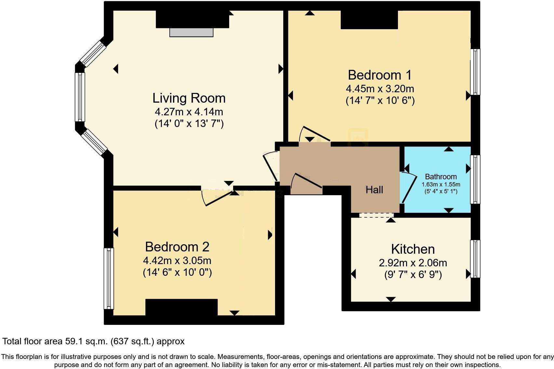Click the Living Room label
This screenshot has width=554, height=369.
(189, 98)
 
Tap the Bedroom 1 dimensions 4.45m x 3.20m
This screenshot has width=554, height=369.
(380, 88)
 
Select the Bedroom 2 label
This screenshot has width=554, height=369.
(177, 247)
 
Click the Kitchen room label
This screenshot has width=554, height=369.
(413, 249)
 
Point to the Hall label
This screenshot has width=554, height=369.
(374, 190)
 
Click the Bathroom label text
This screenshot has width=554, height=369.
(441, 177)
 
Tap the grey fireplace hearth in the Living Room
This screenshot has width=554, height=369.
(191, 32)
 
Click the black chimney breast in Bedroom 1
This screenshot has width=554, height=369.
(369, 19)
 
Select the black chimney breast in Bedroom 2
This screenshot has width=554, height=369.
(181, 307)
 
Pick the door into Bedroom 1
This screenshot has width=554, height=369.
(314, 134)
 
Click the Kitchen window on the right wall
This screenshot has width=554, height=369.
(475, 259)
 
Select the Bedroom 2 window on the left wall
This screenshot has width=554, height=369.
(109, 278)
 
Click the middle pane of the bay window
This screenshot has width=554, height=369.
(80, 97)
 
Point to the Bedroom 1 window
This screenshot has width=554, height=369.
(475, 72)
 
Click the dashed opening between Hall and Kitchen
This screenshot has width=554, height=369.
(376, 215)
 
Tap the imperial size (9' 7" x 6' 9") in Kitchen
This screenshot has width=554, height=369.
(413, 275)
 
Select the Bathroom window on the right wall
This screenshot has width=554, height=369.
(475, 179)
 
